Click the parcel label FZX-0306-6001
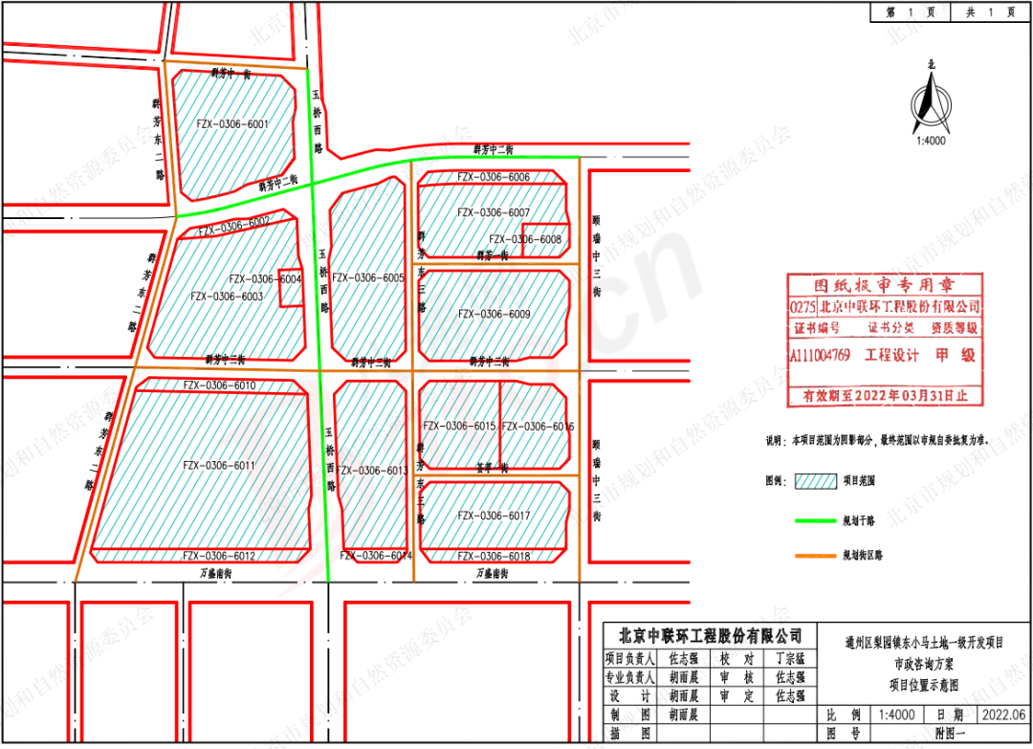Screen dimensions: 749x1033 231,123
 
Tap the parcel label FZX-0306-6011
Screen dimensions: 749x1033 218,465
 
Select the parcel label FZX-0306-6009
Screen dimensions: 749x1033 494,314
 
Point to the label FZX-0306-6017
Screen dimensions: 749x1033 494,516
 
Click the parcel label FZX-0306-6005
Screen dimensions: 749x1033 367,277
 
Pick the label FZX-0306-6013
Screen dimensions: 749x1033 373,471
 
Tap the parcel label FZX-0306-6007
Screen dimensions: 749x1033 494,212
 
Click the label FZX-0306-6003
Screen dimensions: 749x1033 227,297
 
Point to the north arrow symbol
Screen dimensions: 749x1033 931,100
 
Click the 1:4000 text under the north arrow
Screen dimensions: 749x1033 931,140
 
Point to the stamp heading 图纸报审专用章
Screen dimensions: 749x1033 884,285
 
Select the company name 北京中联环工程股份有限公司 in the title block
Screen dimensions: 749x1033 707,635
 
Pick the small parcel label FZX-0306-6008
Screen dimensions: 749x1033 525,239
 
